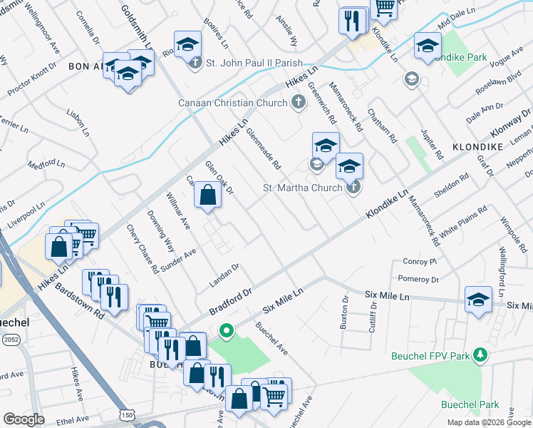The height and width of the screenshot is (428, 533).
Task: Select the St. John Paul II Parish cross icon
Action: pyautogui.click(x=196, y=63)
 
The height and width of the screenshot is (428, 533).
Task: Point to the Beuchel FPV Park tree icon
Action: pyautogui.click(x=481, y=355)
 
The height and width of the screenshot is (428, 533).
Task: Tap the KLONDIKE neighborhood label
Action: pyautogui.click(x=477, y=146)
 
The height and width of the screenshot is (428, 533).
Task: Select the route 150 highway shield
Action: pyautogui.click(x=127, y=414)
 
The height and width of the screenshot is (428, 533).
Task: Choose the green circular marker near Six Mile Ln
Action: pyautogui.click(x=227, y=330)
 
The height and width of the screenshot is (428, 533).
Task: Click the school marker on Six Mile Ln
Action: pyautogui.click(x=478, y=300)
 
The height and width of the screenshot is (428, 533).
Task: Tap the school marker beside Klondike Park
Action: pyautogui.click(x=428, y=46)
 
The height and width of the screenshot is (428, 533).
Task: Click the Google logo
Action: pyautogui.click(x=24, y=419)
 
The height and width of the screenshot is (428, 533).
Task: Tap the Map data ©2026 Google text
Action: pyautogui.click(x=488, y=422)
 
